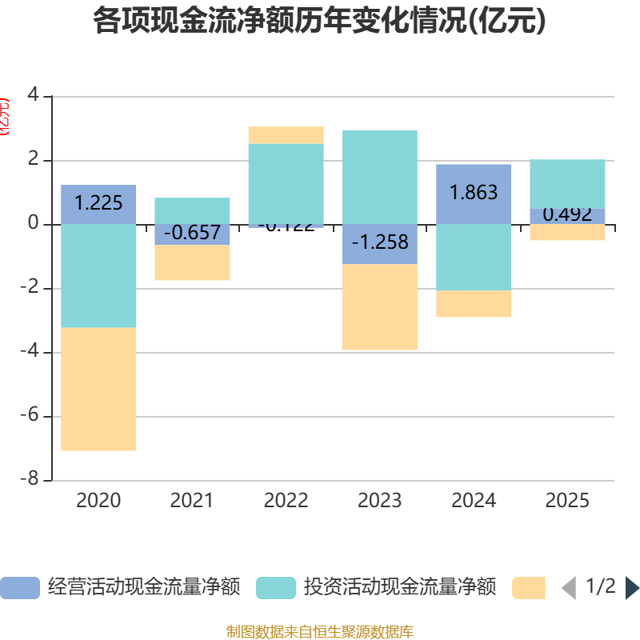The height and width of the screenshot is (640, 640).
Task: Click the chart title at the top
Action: [x=319, y=22]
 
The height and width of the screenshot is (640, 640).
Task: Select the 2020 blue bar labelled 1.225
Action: [x=98, y=204]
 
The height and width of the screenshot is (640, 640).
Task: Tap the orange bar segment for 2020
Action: [x=98, y=390]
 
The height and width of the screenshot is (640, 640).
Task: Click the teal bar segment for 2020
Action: [x=98, y=276]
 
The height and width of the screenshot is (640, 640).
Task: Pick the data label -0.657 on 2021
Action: [x=192, y=234]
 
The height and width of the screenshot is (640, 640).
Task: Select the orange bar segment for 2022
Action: [x=286, y=134]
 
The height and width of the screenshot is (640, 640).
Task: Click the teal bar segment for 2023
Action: [x=379, y=176]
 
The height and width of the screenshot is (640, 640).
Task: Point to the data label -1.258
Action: [x=379, y=242]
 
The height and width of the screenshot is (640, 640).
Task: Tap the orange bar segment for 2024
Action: [x=474, y=304]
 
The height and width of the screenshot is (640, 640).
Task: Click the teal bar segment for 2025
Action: [x=567, y=183]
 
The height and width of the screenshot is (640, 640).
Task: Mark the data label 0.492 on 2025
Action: [x=567, y=215]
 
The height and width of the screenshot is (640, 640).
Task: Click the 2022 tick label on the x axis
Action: [x=286, y=501]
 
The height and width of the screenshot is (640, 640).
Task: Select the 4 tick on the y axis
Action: [x=33, y=95]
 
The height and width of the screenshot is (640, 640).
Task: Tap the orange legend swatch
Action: [x=529, y=588]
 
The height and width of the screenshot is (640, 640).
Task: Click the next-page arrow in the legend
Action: [x=632, y=588]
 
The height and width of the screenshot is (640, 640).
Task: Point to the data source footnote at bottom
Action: [x=319, y=632]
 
